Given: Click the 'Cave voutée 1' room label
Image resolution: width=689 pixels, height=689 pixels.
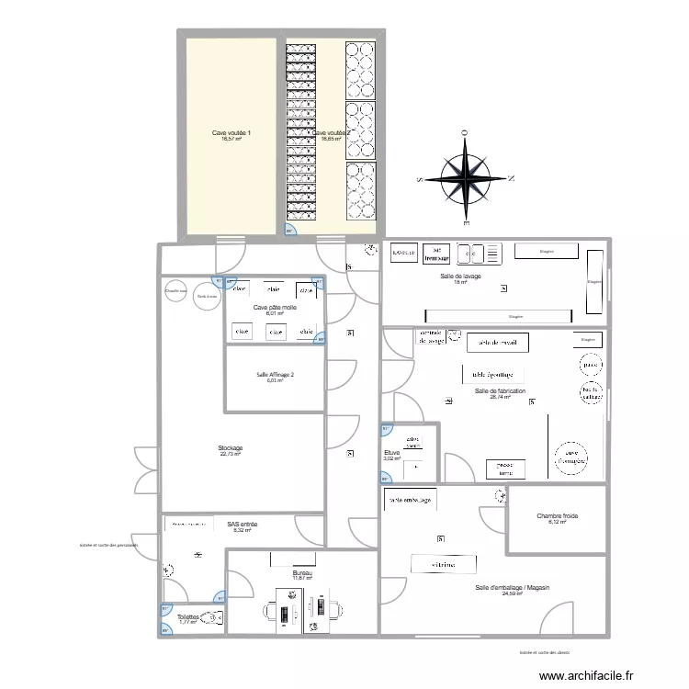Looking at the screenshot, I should (232, 133).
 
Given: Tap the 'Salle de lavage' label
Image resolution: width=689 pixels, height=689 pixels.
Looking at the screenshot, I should (461, 276).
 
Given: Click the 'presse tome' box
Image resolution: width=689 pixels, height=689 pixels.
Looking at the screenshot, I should (505, 468).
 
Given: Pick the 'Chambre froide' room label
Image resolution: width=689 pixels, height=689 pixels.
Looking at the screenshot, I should (558, 516).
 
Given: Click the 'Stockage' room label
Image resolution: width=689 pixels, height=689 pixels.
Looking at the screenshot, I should (231, 447).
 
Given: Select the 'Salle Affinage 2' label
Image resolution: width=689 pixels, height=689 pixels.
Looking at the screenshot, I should (275, 374).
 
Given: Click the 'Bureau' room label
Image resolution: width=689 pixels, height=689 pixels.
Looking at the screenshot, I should (302, 572).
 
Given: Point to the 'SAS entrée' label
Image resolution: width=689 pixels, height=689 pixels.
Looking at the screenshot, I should (242, 525).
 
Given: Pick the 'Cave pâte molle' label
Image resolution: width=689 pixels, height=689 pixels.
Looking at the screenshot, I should (275, 307).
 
